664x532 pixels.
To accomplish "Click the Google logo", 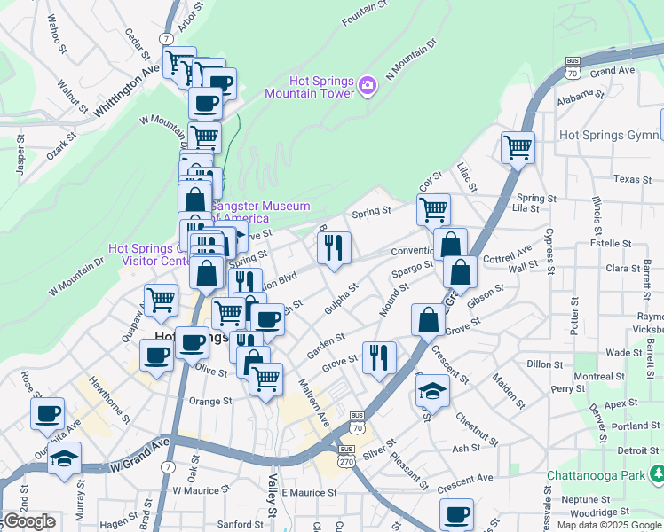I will [x=28, y=521].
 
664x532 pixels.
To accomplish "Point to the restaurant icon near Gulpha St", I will [x=334, y=247].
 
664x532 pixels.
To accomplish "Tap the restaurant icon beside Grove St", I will [x=379, y=357].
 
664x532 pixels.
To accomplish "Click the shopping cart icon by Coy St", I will [x=433, y=209].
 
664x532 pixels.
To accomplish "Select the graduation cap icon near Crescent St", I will [x=431, y=389].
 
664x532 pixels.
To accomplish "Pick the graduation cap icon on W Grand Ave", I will [x=65, y=458].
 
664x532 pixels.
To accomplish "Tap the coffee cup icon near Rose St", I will [x=48, y=412].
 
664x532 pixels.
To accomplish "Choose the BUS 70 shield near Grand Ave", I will [x=573, y=67].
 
